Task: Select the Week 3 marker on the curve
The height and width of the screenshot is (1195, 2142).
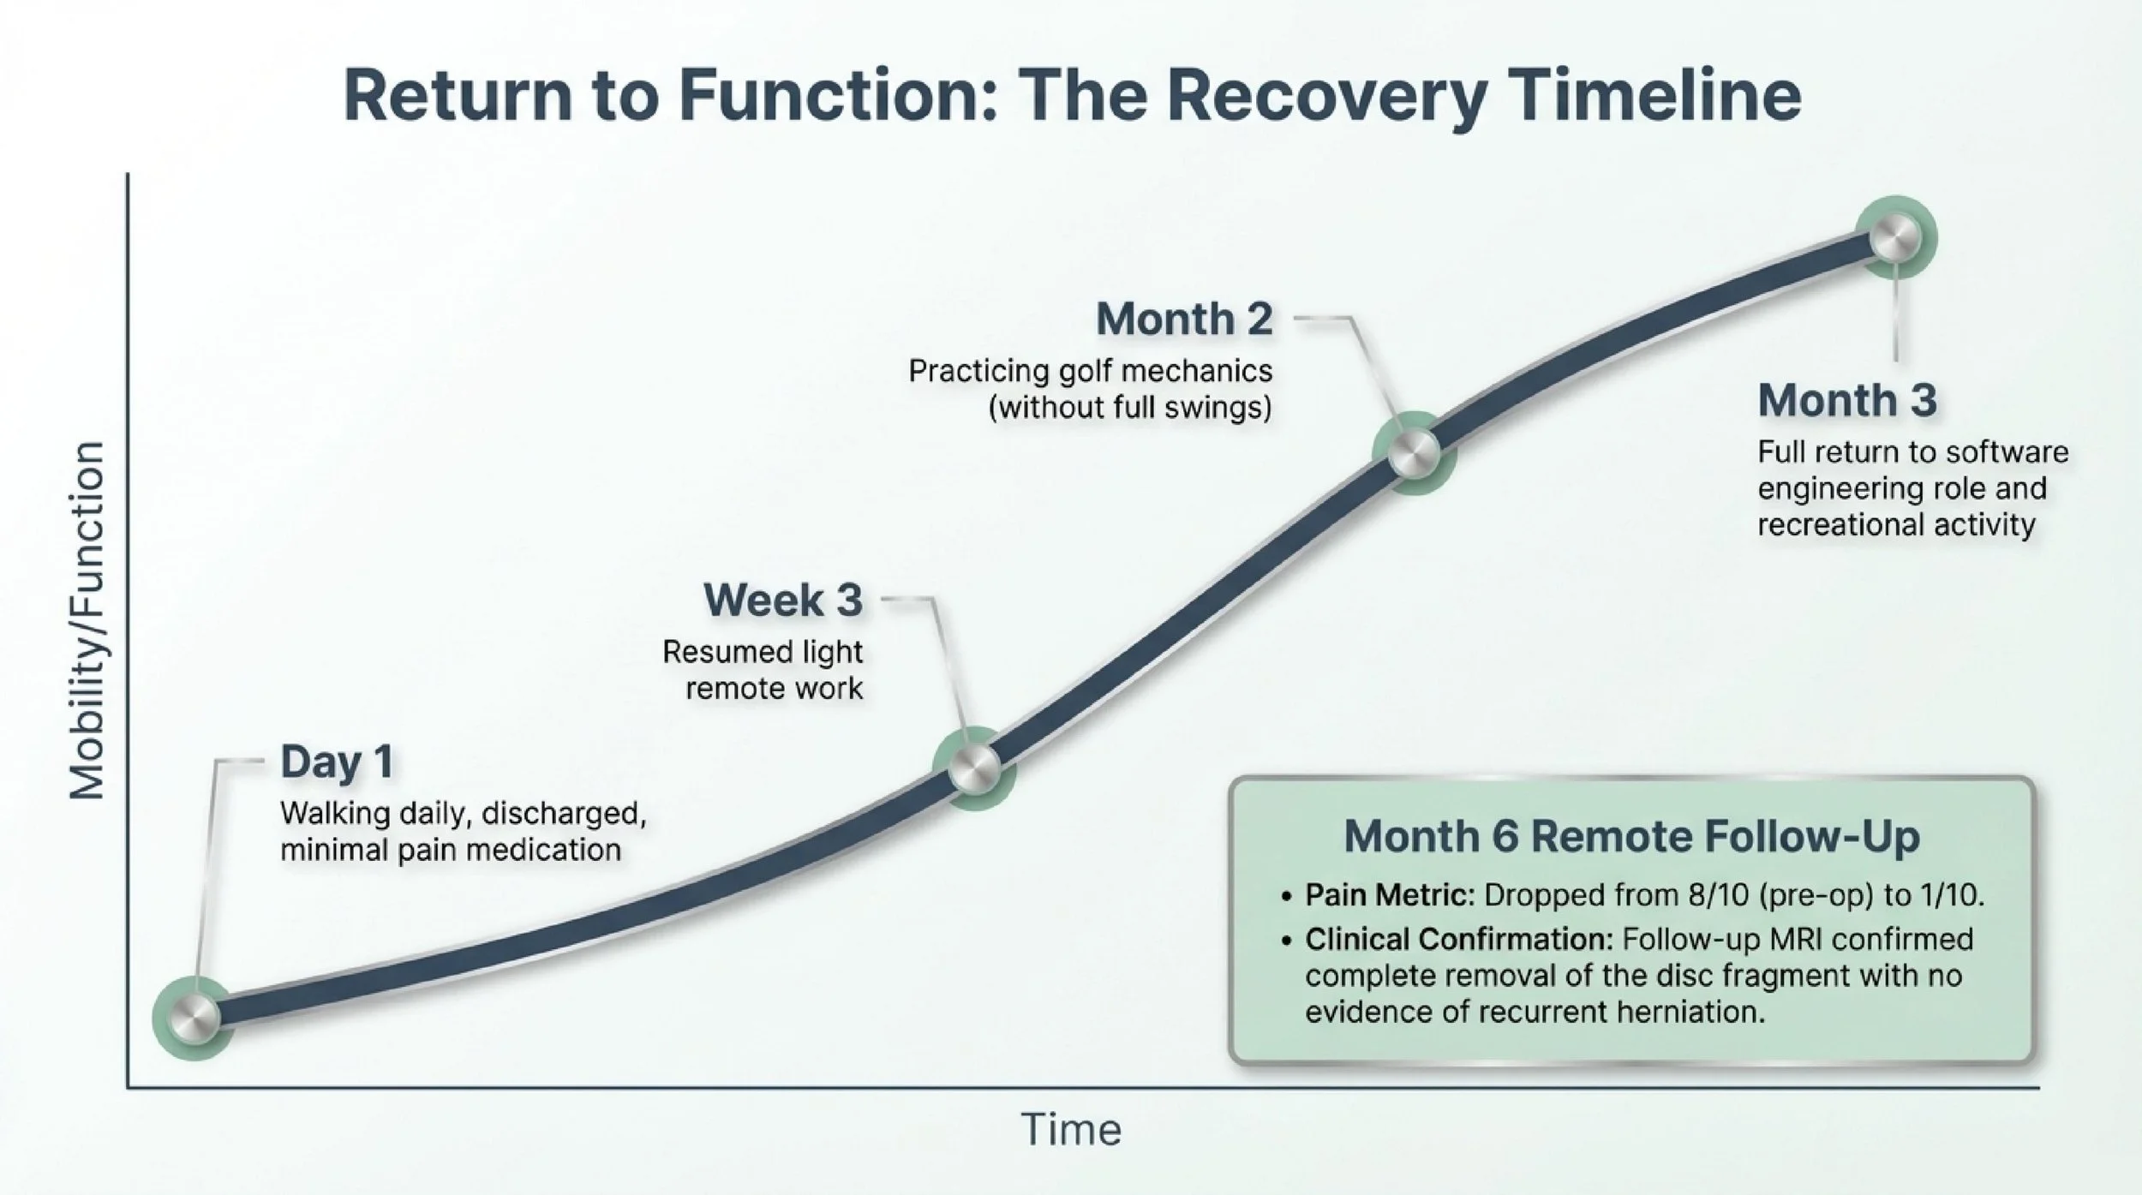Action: point(973,767)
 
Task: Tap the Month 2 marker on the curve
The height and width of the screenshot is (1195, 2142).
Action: point(1414,452)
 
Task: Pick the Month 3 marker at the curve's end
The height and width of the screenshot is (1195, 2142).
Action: point(1894,238)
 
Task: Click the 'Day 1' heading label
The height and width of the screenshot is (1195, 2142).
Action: point(337,762)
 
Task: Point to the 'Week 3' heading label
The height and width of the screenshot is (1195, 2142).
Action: point(782,600)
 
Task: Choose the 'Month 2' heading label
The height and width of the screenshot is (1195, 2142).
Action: point(1184,320)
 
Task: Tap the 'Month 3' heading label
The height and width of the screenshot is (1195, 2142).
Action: point(1846,400)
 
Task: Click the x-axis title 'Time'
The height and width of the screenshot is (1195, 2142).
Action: point(1071,1130)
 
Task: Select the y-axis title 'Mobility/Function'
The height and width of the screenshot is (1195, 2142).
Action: point(87,621)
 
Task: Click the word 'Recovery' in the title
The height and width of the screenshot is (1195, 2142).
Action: point(1325,95)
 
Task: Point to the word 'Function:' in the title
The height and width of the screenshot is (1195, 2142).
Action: point(838,95)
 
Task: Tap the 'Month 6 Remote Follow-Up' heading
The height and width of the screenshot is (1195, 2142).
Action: point(1631,836)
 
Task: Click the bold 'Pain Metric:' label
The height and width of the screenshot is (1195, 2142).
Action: point(1389,895)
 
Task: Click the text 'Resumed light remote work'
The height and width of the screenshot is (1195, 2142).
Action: point(763,670)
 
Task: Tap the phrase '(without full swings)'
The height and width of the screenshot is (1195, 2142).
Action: point(1129,407)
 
